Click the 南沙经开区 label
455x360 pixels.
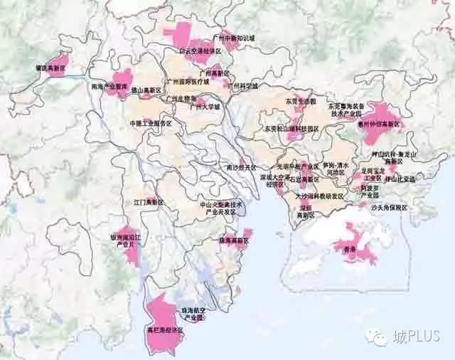click(239, 168)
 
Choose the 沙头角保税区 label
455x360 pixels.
click(389, 208)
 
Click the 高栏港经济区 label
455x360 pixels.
click(165, 331)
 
